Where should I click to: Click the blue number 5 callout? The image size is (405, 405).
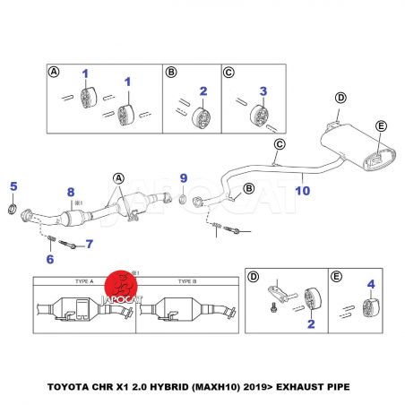tap(13, 186)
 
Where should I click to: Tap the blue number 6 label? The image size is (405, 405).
tap(50, 259)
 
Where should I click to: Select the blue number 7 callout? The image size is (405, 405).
tap(90, 244)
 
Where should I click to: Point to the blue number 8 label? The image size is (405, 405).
tap(71, 192)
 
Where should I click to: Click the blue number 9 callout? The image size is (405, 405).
tap(184, 178)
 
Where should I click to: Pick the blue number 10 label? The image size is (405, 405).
tap(303, 191)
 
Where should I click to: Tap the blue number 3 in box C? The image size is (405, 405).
tap(263, 91)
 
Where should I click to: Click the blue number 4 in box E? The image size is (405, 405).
tap(371, 284)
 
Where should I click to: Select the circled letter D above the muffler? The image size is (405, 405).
tap(340, 98)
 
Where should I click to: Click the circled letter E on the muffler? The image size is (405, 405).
tap(381, 126)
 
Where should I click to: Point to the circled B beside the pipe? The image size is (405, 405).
tap(248, 188)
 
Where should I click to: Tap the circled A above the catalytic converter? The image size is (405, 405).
tap(118, 178)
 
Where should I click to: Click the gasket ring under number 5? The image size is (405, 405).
tap(12, 209)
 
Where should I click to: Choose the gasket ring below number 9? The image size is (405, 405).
tap(183, 199)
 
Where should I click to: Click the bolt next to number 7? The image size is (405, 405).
tap(67, 245)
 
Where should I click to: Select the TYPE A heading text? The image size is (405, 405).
tap(84, 281)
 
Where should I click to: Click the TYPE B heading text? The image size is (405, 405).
tap(187, 281)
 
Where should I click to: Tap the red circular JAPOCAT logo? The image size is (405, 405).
tap(121, 286)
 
